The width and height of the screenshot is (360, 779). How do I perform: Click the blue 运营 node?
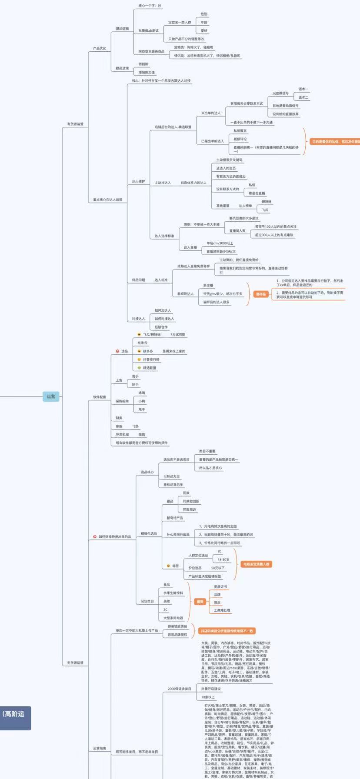pyautogui.click(x=51, y=396)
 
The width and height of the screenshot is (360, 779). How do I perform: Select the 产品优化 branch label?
pyautogui.click(x=99, y=48)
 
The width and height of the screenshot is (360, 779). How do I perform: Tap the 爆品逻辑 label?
pyautogui.click(x=122, y=29)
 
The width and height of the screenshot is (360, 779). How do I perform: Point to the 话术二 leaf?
pyautogui.click(x=303, y=97)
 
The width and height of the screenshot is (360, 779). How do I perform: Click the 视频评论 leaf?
pyautogui.click(x=240, y=139)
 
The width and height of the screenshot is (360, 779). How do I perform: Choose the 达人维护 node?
pyautogui.click(x=139, y=181)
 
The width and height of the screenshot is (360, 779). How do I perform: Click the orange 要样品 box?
pyautogui.click(x=260, y=294)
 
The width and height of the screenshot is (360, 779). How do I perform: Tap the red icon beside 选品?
pyautogui.click(x=117, y=351)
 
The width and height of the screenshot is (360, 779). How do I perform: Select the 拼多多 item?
pyautogui.click(x=148, y=351)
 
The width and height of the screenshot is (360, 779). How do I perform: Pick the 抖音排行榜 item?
pyautogui.click(x=151, y=360)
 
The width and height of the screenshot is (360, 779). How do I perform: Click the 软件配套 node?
pyautogui.click(x=100, y=397)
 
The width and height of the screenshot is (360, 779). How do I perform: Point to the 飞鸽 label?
pyautogui.click(x=135, y=426)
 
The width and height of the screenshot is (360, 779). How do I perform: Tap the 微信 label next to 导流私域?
pyautogui.click(x=142, y=435)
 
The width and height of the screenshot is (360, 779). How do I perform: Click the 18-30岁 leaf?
pyautogui.click(x=223, y=559)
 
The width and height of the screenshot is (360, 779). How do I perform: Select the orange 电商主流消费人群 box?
pyautogui.click(x=256, y=564)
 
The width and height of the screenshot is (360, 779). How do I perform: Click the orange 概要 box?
pyautogui.click(x=200, y=602)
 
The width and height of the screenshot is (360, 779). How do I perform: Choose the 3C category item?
pyautogui.click(x=166, y=610)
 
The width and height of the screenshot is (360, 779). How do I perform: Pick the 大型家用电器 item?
pyautogui.click(x=173, y=618)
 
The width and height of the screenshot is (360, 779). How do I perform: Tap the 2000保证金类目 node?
pyautogui.click(x=179, y=689)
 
